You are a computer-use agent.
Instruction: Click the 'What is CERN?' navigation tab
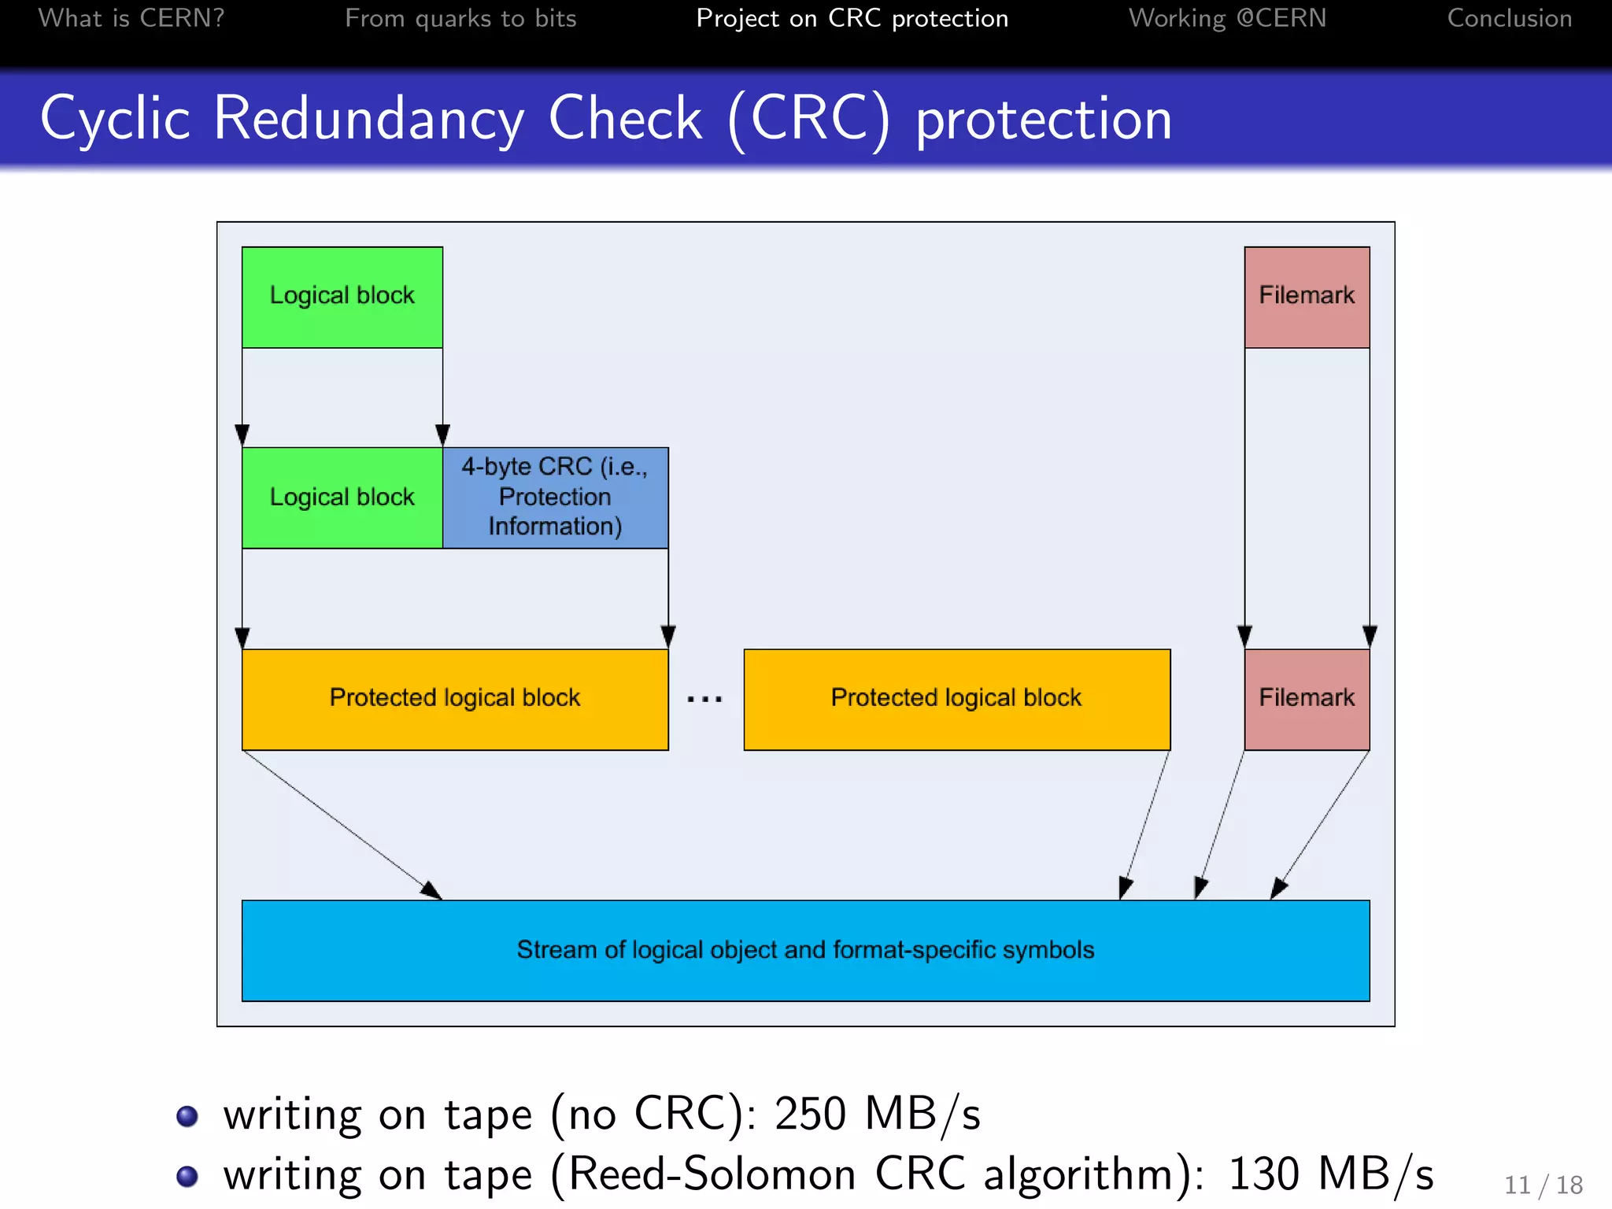131,18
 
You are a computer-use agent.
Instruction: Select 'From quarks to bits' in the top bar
460,18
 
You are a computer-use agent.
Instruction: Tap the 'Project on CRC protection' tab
852,18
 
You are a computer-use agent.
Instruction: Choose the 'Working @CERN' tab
1227,18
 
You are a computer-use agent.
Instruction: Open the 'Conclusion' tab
1509,18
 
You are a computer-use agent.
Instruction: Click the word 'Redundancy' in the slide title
368,119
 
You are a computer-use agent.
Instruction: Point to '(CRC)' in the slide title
808,119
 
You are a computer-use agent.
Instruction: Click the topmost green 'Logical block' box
342,297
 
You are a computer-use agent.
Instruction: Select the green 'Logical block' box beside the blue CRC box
342,497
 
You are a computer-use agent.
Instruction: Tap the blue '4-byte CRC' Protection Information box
555,497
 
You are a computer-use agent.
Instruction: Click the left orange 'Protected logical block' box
454,699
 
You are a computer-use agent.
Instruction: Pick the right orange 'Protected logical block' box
956,699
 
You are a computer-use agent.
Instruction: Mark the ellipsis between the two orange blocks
704,699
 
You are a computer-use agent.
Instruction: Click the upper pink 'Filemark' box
1307,297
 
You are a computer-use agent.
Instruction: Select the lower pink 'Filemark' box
1307,699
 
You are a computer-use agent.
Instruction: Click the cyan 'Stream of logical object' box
805,950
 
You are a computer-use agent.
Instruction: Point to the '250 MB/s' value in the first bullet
877,1115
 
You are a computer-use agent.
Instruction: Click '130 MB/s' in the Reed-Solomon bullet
1330,1174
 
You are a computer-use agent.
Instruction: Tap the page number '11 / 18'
1543,1185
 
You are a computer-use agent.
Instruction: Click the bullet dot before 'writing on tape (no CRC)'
187,1116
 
